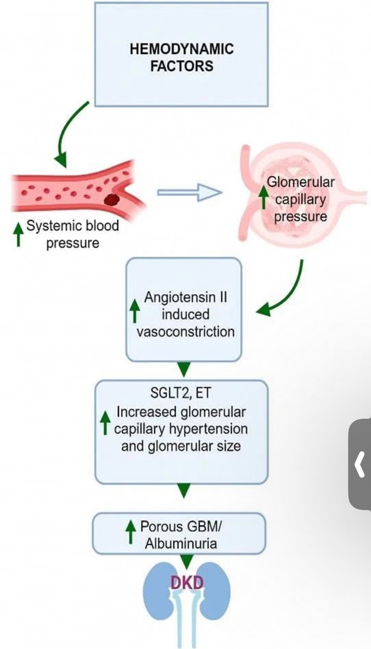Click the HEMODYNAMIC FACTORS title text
click(x=182, y=57)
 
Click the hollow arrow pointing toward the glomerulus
click(x=189, y=193)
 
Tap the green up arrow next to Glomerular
click(x=263, y=198)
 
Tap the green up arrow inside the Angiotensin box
click(x=135, y=314)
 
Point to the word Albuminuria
click(x=181, y=543)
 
